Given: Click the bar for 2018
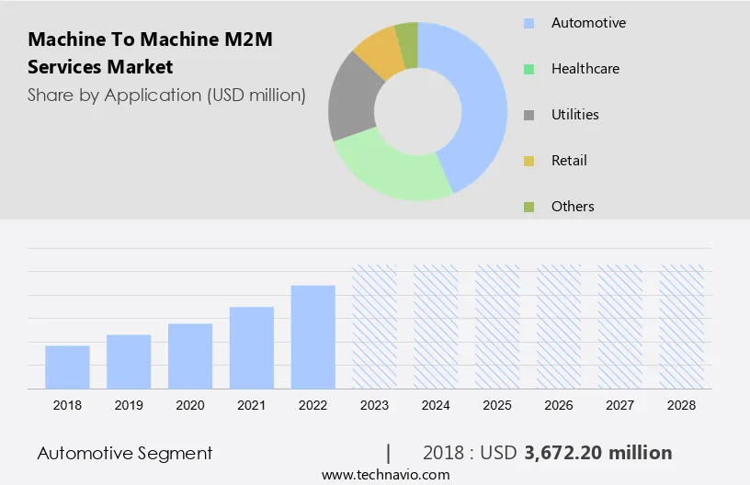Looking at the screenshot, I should (x=67, y=367).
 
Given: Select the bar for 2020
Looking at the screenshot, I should (x=190, y=355).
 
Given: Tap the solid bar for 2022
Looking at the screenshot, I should (x=313, y=336).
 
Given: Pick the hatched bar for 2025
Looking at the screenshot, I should (x=497, y=326).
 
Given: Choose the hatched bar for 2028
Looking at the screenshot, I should (x=682, y=326).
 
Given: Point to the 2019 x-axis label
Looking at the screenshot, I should (x=129, y=404).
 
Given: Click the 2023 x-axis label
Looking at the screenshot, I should (x=374, y=404).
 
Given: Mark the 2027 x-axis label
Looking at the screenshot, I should (x=620, y=404).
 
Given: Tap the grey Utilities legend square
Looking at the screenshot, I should (x=528, y=115).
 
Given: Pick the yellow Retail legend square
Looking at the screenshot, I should (x=528, y=161).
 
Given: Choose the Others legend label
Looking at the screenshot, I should (x=573, y=207).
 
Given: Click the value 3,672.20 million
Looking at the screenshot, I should (x=597, y=453).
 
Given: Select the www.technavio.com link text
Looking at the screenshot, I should (x=385, y=475).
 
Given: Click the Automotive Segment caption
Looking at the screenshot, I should (x=125, y=453).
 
